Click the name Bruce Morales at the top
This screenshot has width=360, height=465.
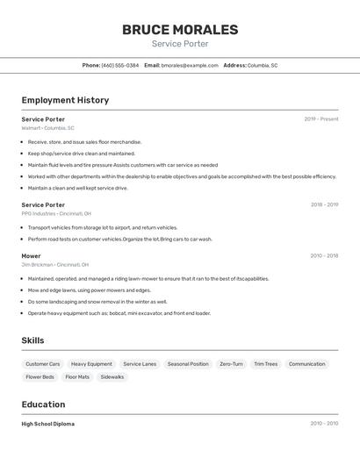tap(180, 30)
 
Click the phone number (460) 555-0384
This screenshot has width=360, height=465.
tap(120, 65)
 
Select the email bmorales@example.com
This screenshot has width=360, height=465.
tap(190, 65)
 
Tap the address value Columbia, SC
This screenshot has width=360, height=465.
tap(263, 65)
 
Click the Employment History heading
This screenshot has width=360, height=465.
tap(65, 100)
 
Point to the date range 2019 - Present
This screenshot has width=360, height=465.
tap(321, 119)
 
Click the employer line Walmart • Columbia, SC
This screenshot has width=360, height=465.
tap(47, 128)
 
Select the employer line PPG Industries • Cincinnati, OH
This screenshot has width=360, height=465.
tap(56, 213)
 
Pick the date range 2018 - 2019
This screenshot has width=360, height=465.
tap(324, 204)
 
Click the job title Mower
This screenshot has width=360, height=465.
tap(31, 255)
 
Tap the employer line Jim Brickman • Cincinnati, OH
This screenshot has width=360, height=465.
tap(54, 264)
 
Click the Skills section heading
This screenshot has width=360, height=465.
tap(32, 340)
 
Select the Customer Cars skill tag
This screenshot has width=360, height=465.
tap(43, 364)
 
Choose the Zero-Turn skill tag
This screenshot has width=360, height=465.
tap(231, 364)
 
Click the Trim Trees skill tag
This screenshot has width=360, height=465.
tap(265, 364)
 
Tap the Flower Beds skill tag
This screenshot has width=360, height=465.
tap(40, 377)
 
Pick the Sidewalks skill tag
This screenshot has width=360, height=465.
tap(112, 377)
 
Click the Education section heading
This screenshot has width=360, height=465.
tap(43, 404)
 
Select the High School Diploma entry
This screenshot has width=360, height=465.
tap(47, 424)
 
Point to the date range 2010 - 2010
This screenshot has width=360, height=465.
tap(324, 424)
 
